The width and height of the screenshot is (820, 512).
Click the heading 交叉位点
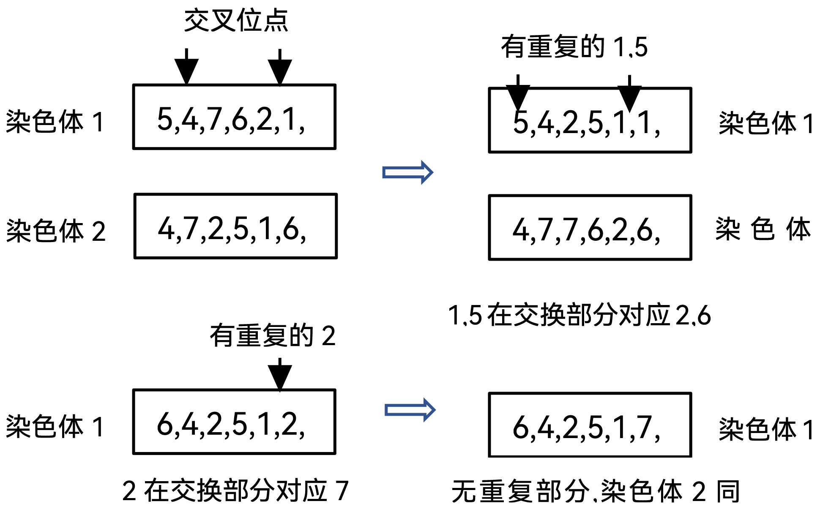[236, 20]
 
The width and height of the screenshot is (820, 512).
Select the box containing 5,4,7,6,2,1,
[234, 117]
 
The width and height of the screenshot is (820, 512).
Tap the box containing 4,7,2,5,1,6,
[235, 226]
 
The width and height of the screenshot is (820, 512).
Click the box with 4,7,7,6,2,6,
[590, 228]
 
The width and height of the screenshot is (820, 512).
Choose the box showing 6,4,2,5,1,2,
[234, 422]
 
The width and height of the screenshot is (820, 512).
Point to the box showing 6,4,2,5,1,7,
[590, 425]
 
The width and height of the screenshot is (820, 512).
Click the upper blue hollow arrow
[407, 172]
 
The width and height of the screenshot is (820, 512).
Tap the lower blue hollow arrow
[410, 410]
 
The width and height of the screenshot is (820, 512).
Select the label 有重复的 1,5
[574, 46]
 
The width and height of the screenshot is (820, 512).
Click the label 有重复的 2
[273, 336]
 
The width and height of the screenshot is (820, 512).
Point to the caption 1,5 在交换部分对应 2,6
[579, 315]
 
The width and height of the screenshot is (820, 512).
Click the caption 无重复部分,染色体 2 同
[595, 491]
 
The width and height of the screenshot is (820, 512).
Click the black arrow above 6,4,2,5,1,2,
[280, 374]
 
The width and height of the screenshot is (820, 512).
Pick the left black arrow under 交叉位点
[186, 67]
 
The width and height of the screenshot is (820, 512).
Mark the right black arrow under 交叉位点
[280, 68]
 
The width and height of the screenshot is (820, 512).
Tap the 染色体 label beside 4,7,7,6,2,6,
[763, 229]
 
